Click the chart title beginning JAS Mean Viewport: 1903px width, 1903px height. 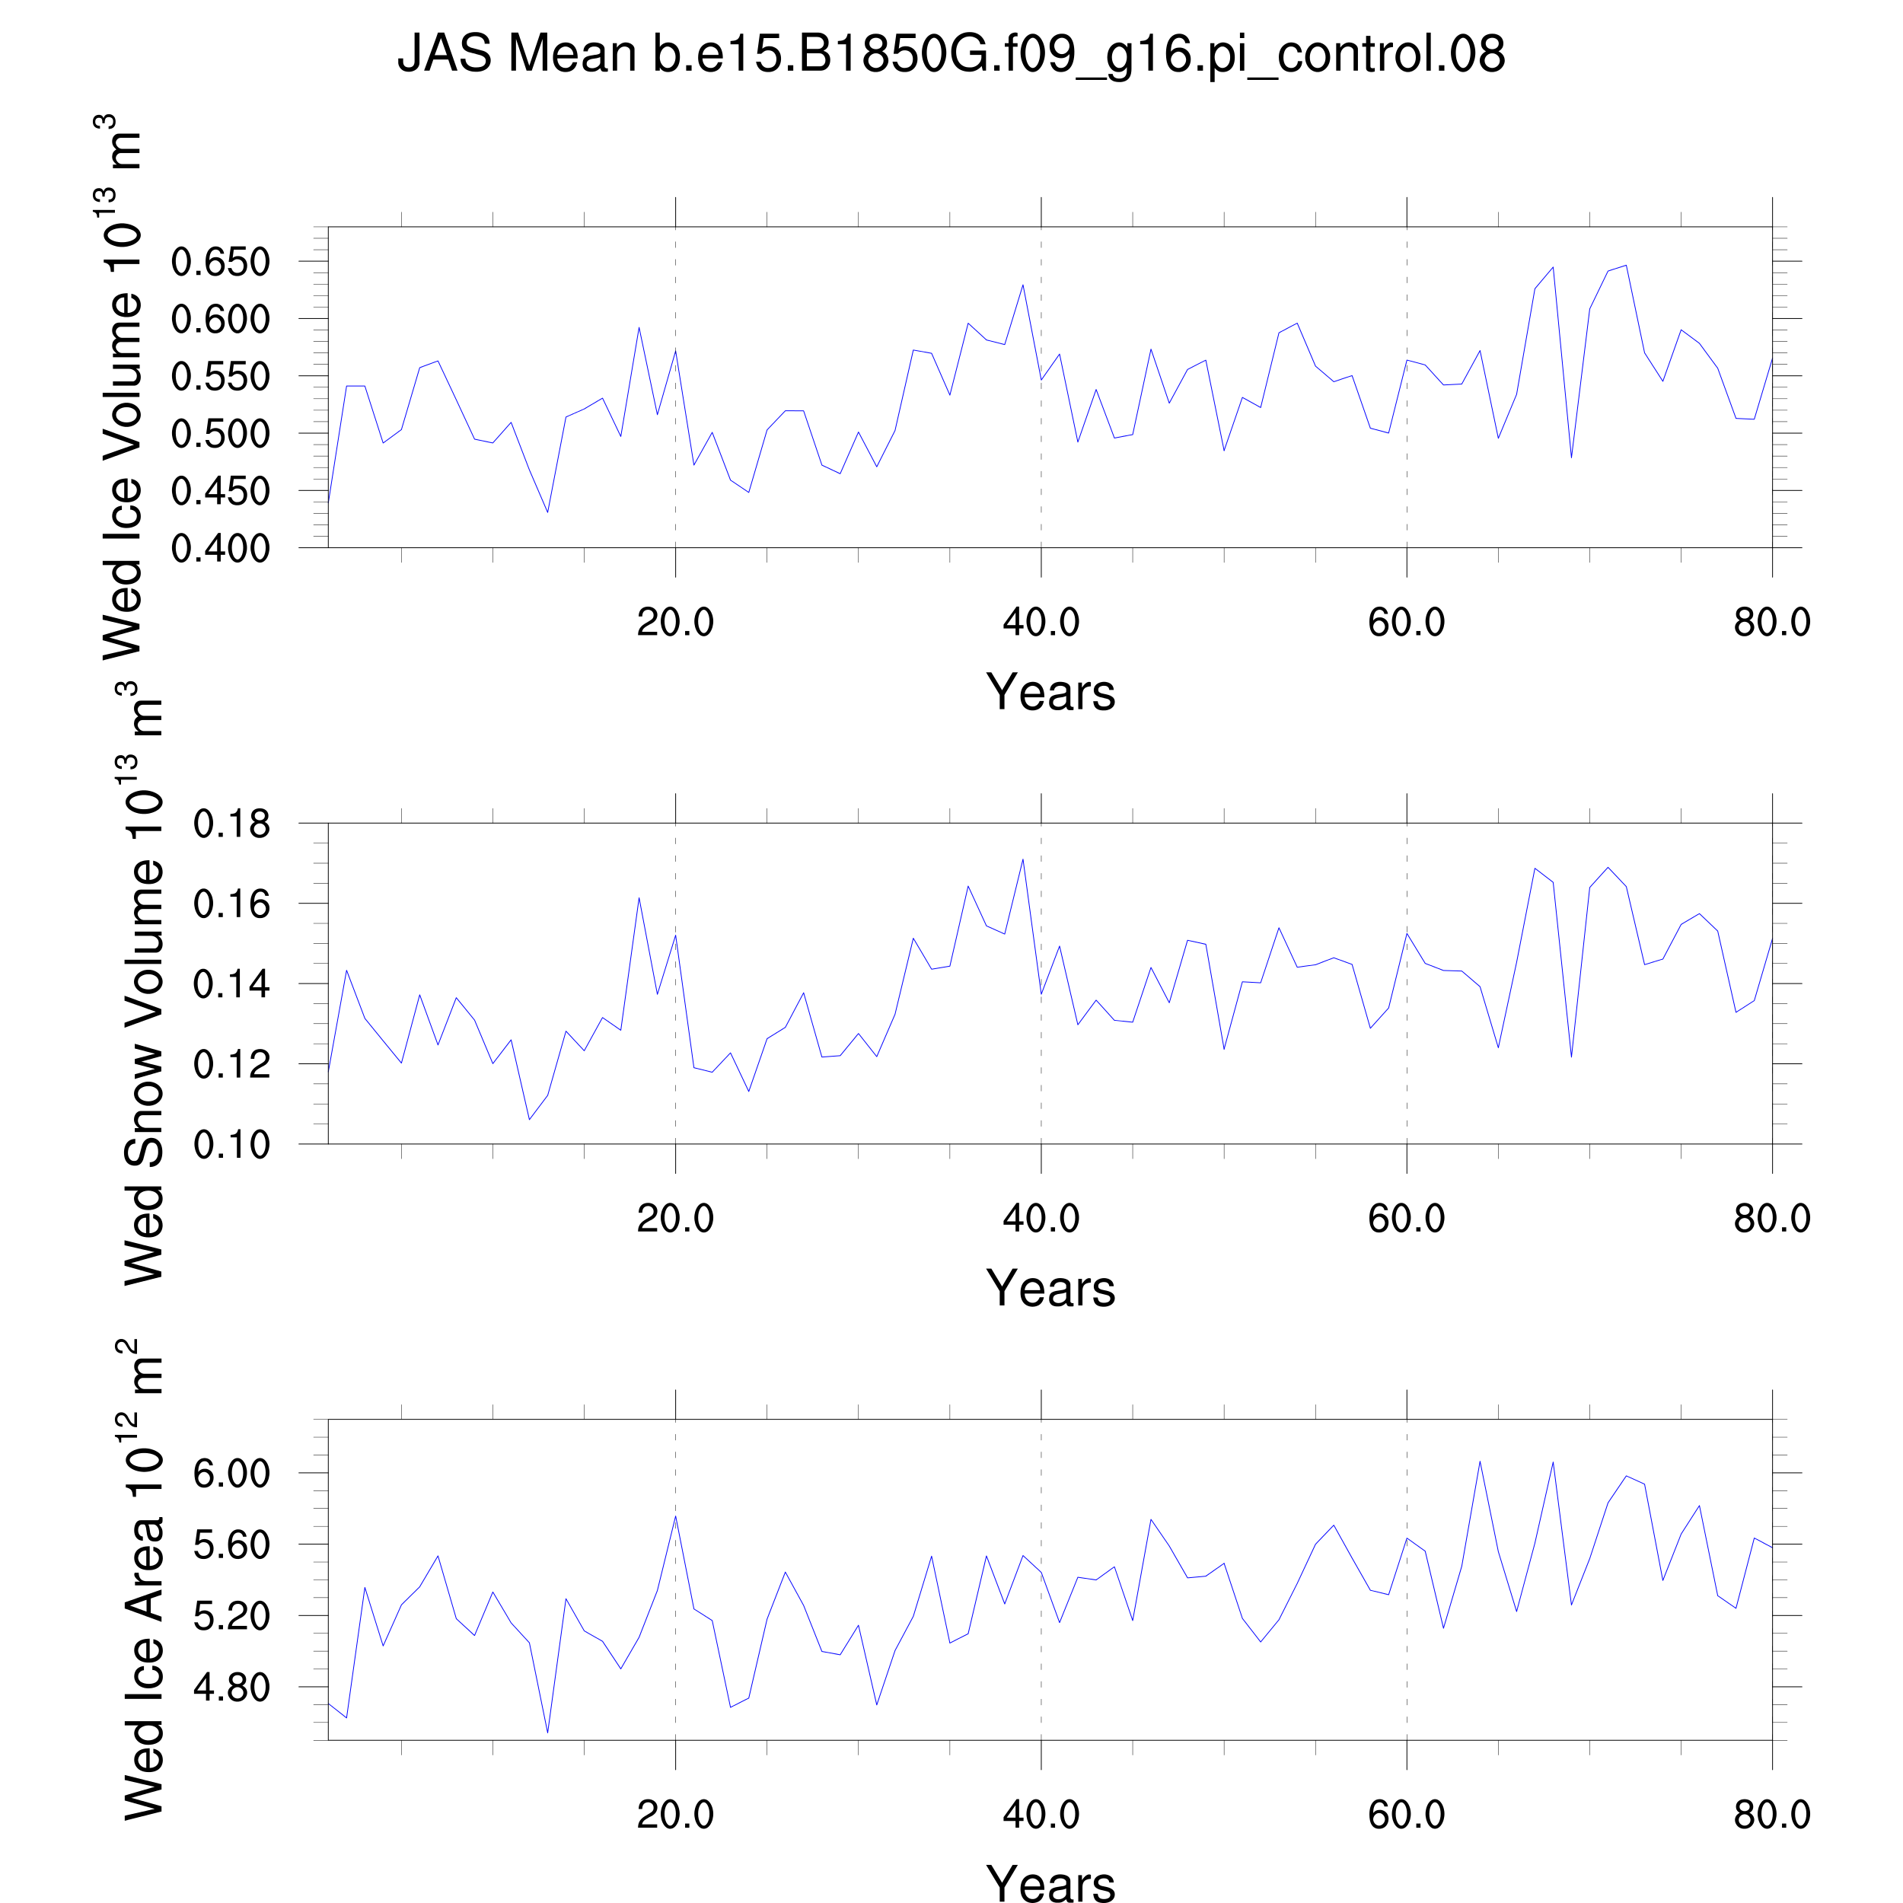(x=951, y=53)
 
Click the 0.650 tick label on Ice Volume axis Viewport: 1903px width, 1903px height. (x=220, y=262)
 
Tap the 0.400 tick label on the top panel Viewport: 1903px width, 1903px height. (x=220, y=549)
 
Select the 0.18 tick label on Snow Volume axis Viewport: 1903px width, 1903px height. (x=231, y=824)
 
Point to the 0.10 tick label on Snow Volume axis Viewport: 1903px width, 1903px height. (x=231, y=1145)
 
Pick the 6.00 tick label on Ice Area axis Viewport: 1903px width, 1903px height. (x=231, y=1474)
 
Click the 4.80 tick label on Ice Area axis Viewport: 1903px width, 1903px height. (x=231, y=1688)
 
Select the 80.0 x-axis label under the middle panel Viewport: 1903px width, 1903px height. (x=1771, y=1219)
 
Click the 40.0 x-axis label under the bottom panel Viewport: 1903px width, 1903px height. (x=1041, y=1815)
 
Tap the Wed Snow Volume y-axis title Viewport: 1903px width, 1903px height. (x=144, y=983)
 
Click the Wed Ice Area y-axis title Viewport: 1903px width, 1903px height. (x=144, y=1579)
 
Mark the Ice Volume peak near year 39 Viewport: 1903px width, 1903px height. (x=1022, y=285)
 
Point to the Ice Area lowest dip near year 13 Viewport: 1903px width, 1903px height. (x=547, y=1732)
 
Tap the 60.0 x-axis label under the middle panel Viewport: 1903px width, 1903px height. (x=1406, y=1219)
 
